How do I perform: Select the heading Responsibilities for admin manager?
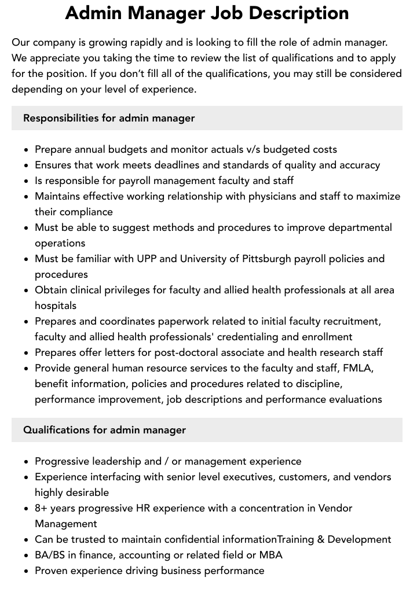point(109,118)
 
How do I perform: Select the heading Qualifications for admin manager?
point(104,430)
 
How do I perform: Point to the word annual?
point(92,149)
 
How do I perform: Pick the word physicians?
point(275,196)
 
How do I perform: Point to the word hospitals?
point(56,306)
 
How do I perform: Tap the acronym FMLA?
point(358,368)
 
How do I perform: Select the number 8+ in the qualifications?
point(42,508)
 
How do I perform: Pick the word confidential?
point(192,539)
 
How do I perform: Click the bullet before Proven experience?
point(27,571)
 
